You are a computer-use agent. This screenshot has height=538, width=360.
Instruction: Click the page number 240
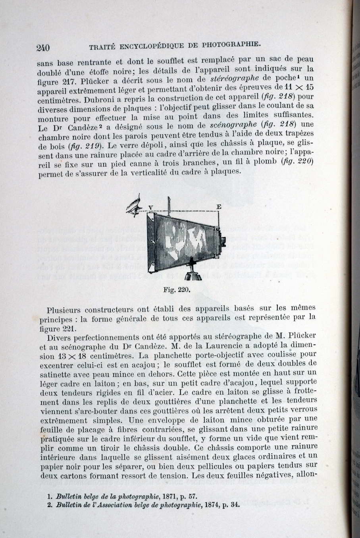[43, 48]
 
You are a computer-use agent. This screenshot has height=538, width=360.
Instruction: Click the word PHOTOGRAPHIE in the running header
[231, 44]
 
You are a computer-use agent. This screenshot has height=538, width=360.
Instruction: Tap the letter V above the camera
[150, 207]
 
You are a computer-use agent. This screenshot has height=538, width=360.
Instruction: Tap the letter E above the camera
[218, 207]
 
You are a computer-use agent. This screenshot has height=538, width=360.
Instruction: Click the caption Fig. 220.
[177, 289]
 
